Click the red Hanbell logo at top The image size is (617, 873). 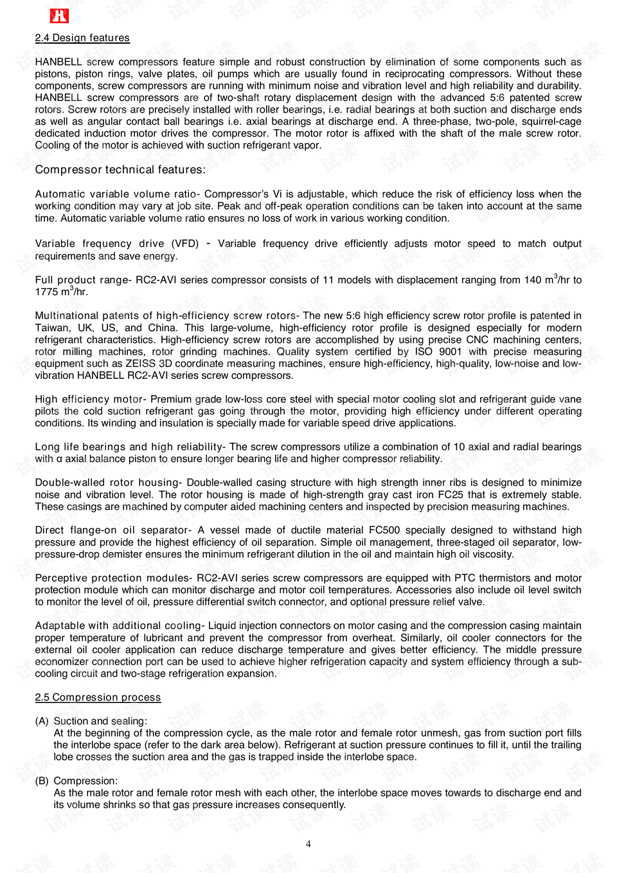click(x=59, y=16)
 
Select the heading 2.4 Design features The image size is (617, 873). click(x=82, y=38)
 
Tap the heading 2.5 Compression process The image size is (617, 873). click(x=98, y=697)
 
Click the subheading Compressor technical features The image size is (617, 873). click(x=120, y=170)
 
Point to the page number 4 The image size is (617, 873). click(x=308, y=844)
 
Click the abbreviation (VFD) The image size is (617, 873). click(x=185, y=244)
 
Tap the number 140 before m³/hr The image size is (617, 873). click(x=533, y=280)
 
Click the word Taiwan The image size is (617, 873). click(x=52, y=327)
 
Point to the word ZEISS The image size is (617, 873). click(x=140, y=363)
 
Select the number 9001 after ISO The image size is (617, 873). click(x=450, y=352)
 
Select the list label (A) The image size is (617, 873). click(x=42, y=721)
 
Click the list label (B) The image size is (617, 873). click(x=42, y=781)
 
